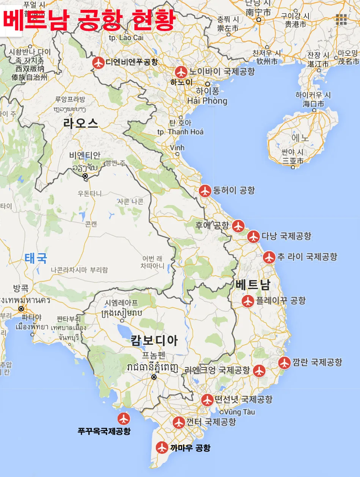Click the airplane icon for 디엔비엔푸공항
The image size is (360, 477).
[99, 63]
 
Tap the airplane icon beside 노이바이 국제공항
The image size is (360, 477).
[181, 72]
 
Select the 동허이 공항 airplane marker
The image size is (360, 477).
[205, 191]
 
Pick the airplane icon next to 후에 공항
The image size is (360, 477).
[238, 226]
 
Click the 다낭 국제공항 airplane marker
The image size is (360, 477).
[253, 237]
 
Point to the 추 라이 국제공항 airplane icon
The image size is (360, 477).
[269, 257]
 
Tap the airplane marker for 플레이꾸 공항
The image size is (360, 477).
[248, 301]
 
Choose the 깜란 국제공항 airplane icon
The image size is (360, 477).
[284, 363]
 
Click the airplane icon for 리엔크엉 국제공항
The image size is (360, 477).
[259, 370]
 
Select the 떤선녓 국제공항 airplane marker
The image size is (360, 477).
[208, 400]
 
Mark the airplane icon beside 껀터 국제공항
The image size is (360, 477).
[179, 422]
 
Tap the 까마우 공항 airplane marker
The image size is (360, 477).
[162, 447]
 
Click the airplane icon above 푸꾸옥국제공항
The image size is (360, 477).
[124, 419]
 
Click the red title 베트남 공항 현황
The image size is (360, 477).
[89, 20]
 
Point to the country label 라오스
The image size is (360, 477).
[81, 124]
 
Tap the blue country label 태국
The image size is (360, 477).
[36, 258]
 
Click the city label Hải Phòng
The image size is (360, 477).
[207, 100]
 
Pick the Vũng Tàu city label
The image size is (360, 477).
[239, 412]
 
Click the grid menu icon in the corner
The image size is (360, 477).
[341, 19]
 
